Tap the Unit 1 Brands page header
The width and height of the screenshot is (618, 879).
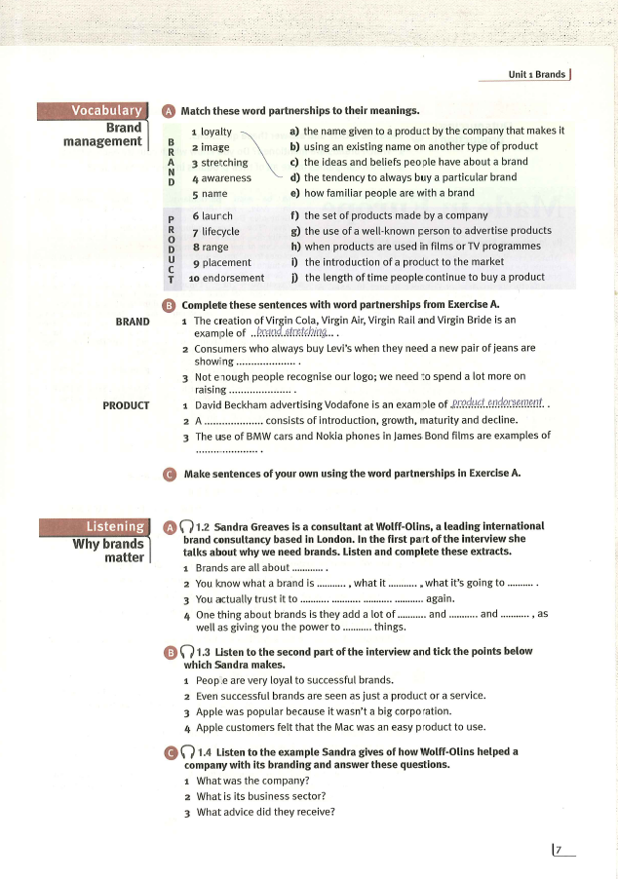536,74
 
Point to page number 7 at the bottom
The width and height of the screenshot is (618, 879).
559,851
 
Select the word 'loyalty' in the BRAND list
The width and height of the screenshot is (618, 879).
215,131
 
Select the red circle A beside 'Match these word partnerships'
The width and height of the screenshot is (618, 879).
169,110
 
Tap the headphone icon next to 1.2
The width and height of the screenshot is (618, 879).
185,527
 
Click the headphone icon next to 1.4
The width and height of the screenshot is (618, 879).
185,751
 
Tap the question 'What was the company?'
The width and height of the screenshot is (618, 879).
253,782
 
